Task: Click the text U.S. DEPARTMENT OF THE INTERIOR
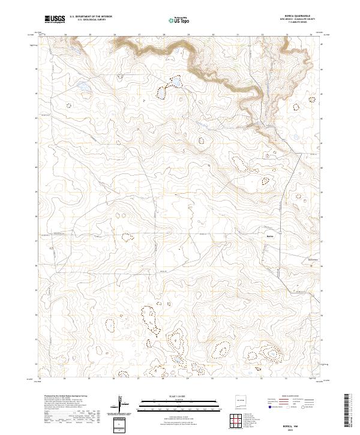[91, 17]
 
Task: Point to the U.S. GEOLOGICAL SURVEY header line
[91, 21]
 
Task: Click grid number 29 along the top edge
[188, 35]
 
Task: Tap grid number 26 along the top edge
[115, 35]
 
